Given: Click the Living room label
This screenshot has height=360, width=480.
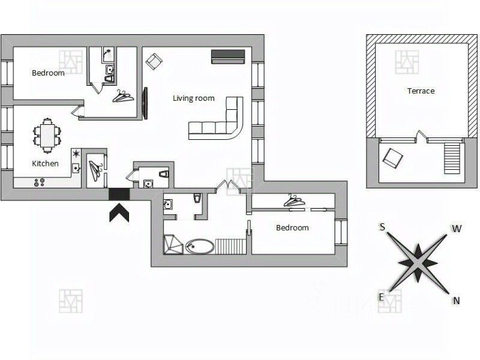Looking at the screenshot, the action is pos(193,98).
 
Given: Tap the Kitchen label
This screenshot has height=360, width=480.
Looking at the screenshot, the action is pos(45,163).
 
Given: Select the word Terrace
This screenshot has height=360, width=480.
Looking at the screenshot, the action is pos(421,91).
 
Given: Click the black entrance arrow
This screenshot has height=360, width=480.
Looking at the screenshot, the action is pos(119,212).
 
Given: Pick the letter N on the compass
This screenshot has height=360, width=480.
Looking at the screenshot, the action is pos(457,301).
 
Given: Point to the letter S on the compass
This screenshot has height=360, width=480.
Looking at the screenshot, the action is pos(382,227).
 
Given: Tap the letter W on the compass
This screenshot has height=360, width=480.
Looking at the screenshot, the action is pos(457,229).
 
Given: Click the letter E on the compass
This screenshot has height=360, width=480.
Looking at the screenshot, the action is pos(381,297).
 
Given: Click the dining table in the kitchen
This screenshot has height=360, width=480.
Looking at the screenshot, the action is pos(46,136).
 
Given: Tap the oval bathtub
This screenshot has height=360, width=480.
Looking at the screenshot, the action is pos(199,246).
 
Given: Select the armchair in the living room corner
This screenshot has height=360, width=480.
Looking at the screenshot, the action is pos(154,61).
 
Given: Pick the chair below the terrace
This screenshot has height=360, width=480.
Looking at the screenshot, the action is pos(394,157).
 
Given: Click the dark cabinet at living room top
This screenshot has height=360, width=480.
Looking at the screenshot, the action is pos(228,56).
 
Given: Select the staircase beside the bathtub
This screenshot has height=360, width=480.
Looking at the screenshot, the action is pos(230,245).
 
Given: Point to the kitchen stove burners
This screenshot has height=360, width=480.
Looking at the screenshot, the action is pos(41,181).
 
